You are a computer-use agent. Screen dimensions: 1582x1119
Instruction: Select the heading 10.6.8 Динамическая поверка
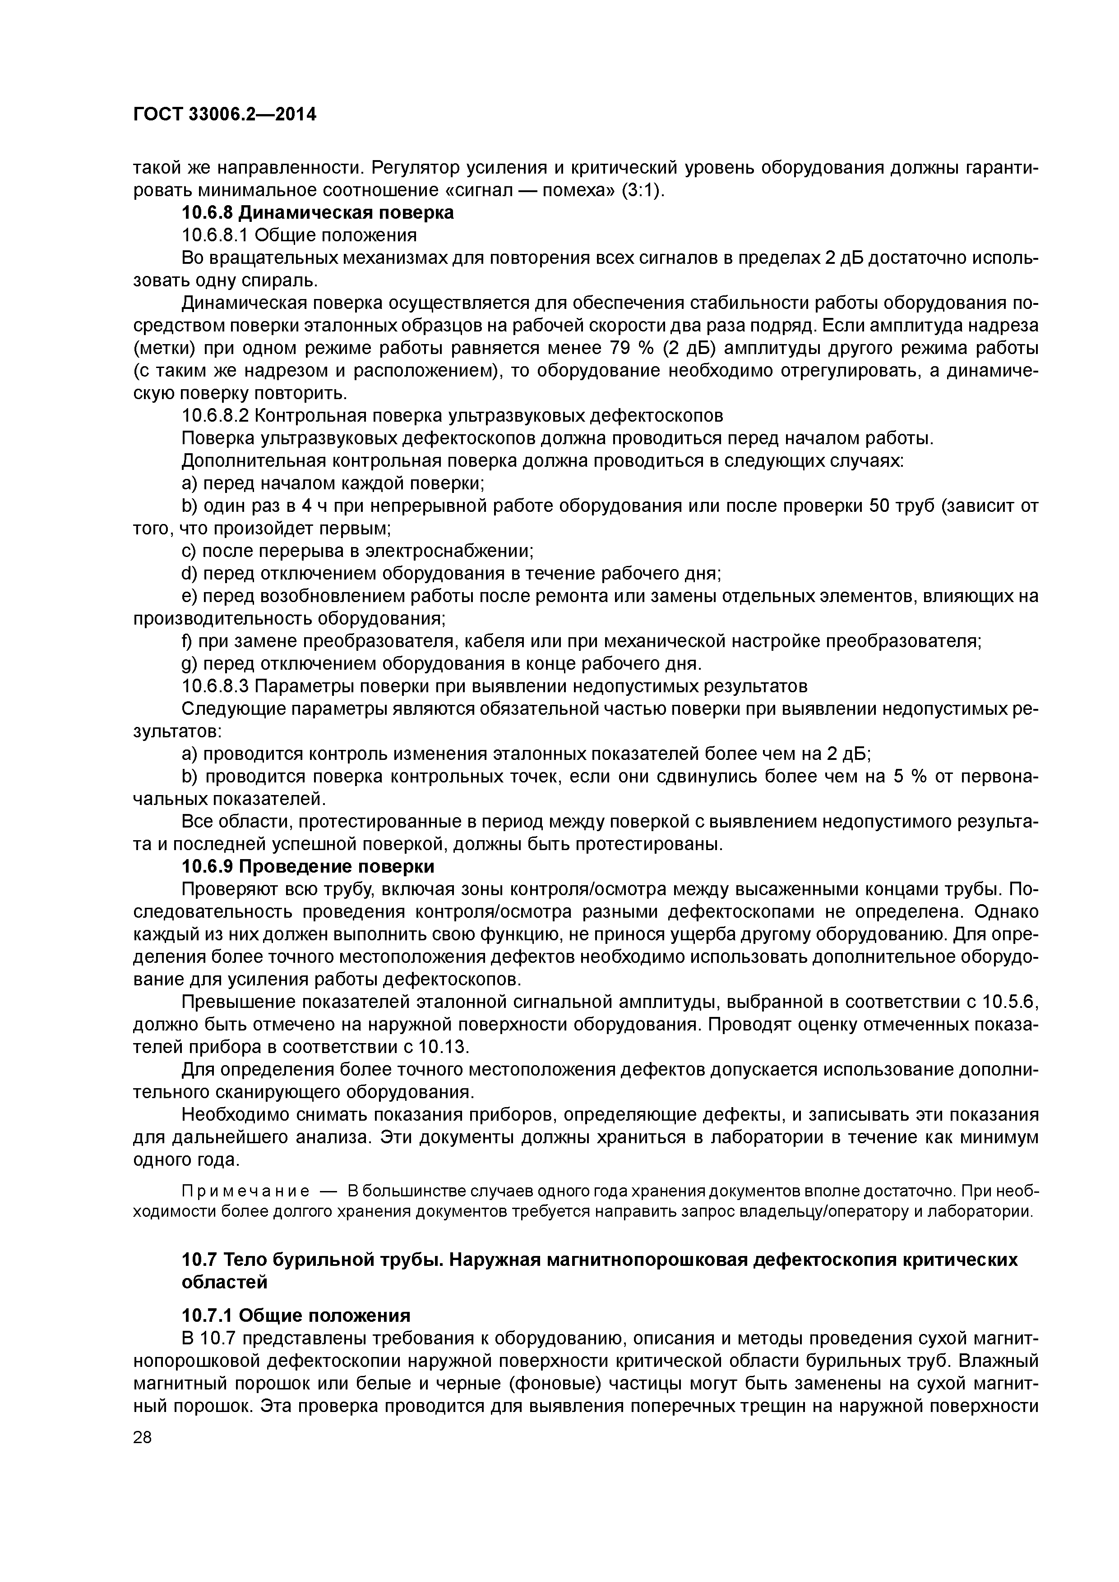click(317, 213)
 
